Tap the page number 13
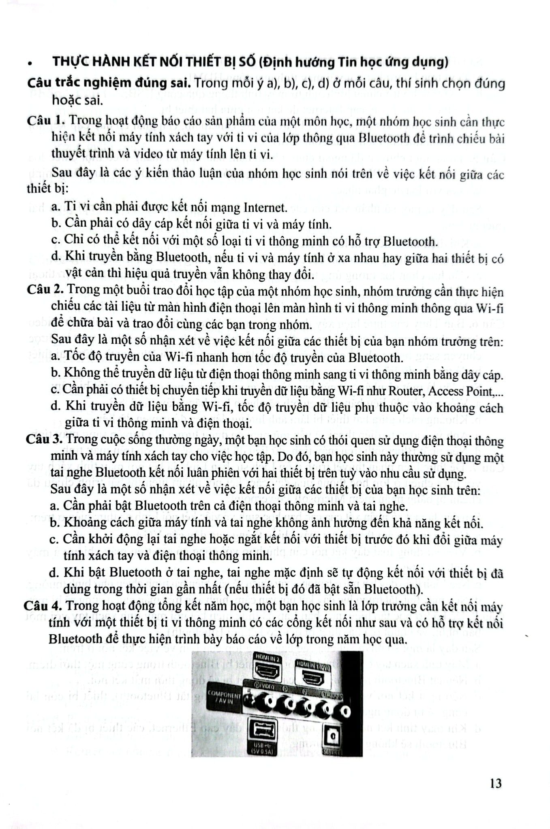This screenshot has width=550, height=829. tap(495, 783)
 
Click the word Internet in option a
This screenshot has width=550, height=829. tap(265, 207)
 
